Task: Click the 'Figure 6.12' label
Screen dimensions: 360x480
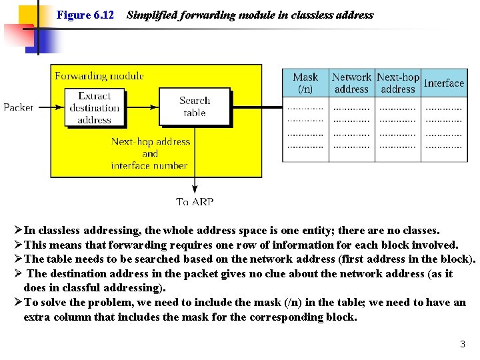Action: pos(85,15)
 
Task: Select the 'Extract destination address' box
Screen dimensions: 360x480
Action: pos(94,107)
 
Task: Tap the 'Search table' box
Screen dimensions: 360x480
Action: pos(195,107)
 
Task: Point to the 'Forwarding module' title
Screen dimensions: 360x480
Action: pos(99,76)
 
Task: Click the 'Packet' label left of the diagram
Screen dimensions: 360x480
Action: pos(18,107)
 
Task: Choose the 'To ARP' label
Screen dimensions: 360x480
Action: pos(195,201)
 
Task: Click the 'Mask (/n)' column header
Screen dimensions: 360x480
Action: pos(305,83)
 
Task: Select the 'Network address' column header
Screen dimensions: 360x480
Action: pos(351,83)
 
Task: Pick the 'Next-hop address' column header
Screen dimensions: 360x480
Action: pos(398,83)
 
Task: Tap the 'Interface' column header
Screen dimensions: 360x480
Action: pos(443,83)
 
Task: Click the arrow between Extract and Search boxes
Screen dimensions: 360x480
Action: pos(141,107)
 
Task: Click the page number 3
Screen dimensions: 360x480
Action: pos(462,345)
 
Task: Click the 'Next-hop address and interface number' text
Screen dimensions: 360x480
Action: pos(150,153)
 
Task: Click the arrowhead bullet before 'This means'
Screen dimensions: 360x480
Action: pos(18,245)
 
